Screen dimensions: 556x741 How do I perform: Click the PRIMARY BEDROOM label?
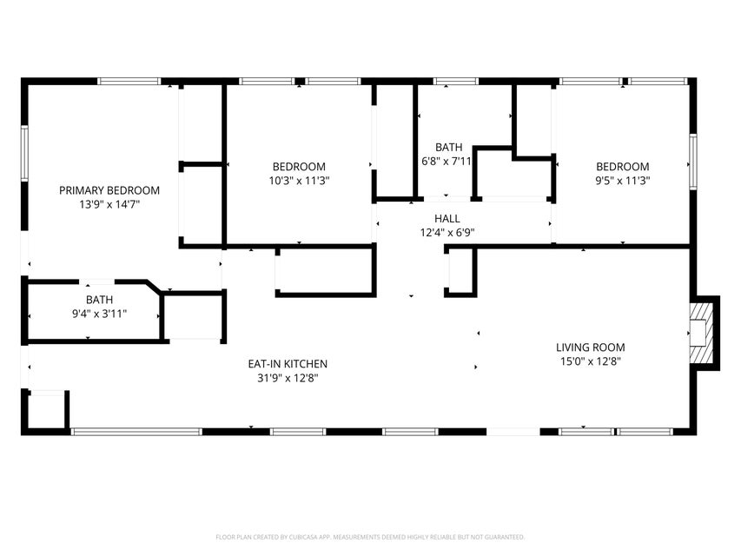(109, 190)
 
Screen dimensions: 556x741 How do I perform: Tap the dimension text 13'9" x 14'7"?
(109, 204)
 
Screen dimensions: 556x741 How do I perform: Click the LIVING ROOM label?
(590, 347)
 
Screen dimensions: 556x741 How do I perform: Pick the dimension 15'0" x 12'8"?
(590, 361)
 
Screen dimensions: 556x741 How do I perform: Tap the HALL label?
(448, 219)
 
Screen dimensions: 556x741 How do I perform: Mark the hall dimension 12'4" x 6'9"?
(448, 233)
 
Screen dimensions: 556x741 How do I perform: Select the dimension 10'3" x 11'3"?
(299, 181)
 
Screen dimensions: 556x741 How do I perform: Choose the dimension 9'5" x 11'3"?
(622, 181)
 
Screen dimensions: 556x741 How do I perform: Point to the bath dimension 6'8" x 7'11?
(447, 161)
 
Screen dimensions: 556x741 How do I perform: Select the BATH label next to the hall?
(449, 147)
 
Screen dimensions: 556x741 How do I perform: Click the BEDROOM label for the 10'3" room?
(299, 167)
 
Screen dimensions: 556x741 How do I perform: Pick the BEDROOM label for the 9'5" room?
(622, 167)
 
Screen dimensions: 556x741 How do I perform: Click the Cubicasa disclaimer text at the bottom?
(370, 537)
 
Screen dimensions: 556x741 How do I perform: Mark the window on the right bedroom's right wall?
(693, 160)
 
